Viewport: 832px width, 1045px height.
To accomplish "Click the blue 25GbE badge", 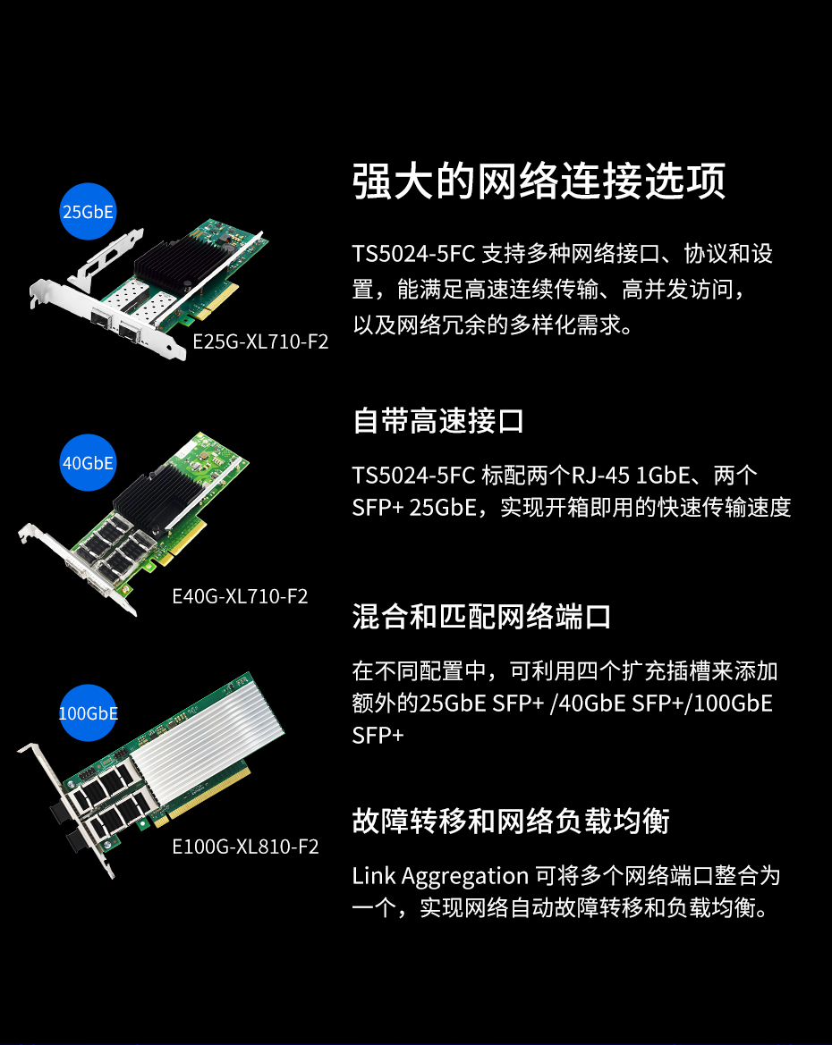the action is pos(88,211).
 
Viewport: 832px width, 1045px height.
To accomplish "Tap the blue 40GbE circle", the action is pos(88,462).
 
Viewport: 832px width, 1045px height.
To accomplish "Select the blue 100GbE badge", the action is pos(88,713).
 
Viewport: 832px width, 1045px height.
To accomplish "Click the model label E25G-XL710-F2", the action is pos(260,341).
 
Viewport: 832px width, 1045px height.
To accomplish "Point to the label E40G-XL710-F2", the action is pos(240,596).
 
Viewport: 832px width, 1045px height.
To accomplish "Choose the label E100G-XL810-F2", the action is pos(245,847).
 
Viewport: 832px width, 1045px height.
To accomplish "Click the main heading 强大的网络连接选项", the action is pos(539,181).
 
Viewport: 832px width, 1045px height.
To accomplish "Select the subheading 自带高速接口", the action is pos(438,421).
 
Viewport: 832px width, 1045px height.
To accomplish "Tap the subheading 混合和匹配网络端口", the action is pos(481,617).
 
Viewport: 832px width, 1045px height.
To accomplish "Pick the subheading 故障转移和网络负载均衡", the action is pos(511,821).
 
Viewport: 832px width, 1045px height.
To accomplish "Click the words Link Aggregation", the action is pos(440,876).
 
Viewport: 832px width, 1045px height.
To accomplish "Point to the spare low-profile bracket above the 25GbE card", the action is pos(106,260).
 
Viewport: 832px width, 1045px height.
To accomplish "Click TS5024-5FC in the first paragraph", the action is pos(413,254).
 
